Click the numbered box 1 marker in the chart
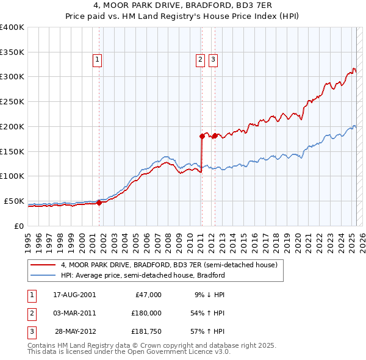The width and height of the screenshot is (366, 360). (x=98, y=59)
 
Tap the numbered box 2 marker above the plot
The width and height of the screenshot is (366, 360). (x=200, y=59)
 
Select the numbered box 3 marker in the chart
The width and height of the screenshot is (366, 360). (x=213, y=59)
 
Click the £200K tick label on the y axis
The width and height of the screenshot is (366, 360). (x=12, y=126)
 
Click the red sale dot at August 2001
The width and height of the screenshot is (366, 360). (x=99, y=203)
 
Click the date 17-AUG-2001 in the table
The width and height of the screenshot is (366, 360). (x=74, y=294)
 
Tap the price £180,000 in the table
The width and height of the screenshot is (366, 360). (x=146, y=313)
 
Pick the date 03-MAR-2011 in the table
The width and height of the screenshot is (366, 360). (x=74, y=313)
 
